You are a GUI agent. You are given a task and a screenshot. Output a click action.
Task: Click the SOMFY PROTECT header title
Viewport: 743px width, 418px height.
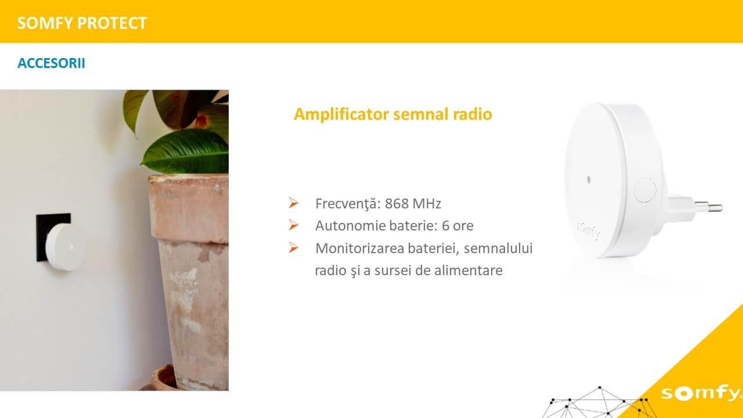[82, 23]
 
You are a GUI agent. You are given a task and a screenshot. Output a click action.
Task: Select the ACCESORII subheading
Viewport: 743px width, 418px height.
[52, 63]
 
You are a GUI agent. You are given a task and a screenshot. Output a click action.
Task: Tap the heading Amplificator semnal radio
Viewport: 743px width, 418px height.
[393, 114]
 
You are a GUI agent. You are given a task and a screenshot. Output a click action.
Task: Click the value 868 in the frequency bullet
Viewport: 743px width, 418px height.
[396, 204]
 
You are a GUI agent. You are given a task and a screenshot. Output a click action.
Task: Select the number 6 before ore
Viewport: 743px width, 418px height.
[445, 226]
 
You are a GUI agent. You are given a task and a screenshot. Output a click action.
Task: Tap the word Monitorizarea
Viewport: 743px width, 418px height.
[359, 248]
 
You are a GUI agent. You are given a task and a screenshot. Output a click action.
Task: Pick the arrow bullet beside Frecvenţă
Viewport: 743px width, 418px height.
[293, 203]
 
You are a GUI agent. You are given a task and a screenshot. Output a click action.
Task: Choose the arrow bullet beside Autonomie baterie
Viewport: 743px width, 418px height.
[293, 225]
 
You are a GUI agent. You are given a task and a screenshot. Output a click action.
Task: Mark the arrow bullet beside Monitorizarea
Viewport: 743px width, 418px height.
[293, 247]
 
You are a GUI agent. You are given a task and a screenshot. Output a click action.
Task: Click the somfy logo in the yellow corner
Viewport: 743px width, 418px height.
[701, 394]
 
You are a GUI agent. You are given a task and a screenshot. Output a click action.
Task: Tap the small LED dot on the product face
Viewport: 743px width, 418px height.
[589, 179]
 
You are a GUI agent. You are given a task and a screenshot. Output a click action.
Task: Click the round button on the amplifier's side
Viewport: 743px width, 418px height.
[645, 190]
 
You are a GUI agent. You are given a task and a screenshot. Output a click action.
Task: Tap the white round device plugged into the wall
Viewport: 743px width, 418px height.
[64, 247]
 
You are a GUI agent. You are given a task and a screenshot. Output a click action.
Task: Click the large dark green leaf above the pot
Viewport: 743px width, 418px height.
[186, 152]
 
